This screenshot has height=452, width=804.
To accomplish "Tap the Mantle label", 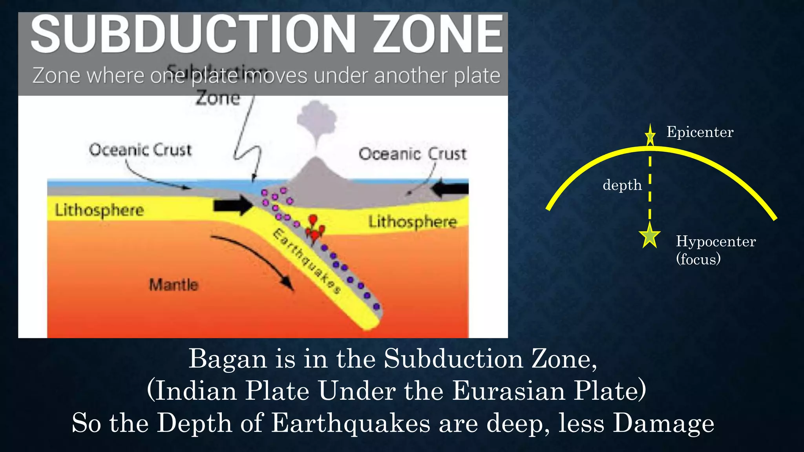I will (174, 284).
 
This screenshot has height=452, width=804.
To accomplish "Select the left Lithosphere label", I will (99, 210).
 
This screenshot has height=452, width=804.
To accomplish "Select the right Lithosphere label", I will (412, 222).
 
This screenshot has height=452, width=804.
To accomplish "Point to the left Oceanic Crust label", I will (140, 150).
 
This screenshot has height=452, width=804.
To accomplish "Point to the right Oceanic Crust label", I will (412, 154).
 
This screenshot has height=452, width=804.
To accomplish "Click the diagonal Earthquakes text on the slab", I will (307, 261).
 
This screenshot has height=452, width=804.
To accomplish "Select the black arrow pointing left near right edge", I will (450, 189).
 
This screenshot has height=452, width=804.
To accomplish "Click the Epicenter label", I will (700, 132).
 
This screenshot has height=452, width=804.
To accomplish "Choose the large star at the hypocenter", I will (650, 236).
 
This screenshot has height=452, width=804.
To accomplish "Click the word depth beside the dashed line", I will (622, 185).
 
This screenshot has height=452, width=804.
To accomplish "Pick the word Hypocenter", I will (715, 241).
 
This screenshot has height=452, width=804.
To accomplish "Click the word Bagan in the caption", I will (227, 359).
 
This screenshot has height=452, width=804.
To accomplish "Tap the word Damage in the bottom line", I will (663, 424).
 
